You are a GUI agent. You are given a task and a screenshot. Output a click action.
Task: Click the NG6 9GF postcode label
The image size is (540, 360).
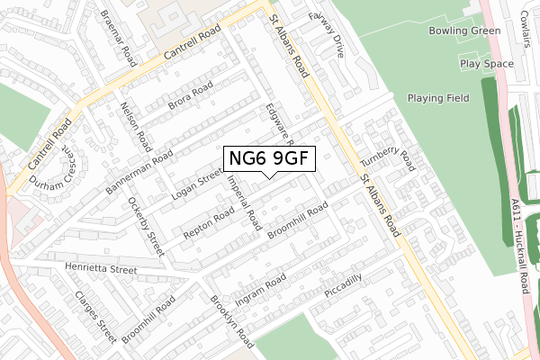click(x=269, y=159)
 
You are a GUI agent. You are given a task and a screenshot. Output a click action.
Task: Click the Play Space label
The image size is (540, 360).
click(x=486, y=64)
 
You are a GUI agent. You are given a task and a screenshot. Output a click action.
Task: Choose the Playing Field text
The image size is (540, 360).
click(x=439, y=98)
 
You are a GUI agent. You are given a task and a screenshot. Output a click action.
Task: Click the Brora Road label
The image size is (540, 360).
click(x=190, y=98)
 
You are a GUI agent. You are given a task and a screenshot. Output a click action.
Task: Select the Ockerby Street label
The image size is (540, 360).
click(x=146, y=226)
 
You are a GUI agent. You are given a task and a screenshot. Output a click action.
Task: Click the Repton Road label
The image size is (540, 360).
click(x=209, y=224)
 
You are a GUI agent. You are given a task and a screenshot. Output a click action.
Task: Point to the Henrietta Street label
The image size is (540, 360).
click(x=100, y=269)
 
